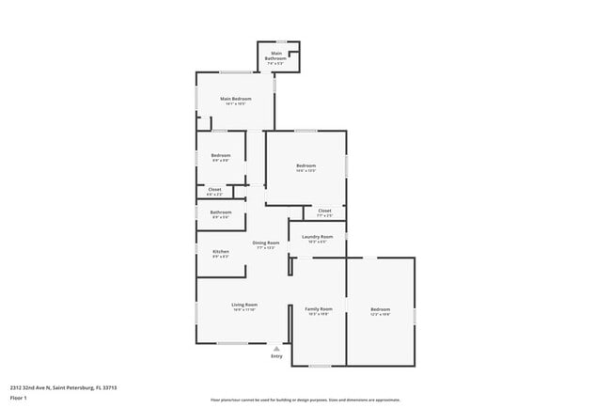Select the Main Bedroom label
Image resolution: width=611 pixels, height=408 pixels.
click(235, 99)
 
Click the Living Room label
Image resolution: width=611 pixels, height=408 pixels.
click(244, 306)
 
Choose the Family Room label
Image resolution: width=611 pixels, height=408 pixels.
click(320, 310)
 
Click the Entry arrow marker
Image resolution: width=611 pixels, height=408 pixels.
click(276, 348)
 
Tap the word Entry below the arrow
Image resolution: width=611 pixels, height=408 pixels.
click(276, 356)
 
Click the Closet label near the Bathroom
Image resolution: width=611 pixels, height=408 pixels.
click(214, 192)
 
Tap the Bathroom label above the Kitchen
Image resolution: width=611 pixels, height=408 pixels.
click(221, 213)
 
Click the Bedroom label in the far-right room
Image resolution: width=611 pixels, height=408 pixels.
click(380, 310)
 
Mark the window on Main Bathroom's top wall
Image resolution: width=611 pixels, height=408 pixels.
click(280, 41)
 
